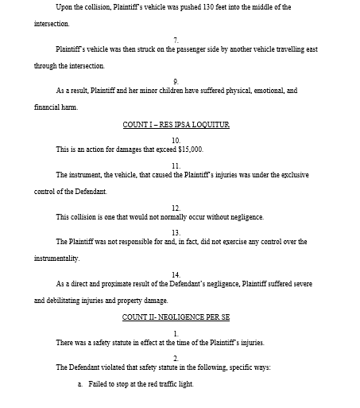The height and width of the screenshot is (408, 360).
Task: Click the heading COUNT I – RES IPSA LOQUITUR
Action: (176, 125)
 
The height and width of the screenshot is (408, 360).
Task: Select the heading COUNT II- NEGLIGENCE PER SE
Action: (176, 317)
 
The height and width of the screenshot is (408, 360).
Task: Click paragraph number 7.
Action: (176, 38)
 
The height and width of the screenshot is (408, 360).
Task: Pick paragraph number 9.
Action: (176, 80)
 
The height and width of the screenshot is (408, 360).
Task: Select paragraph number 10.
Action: (176, 139)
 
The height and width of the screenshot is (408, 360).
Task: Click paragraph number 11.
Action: (176, 165)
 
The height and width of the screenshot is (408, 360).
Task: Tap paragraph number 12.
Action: (176, 208)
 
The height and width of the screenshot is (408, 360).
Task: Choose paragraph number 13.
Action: (176, 232)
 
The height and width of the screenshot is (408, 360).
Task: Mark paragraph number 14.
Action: (176, 274)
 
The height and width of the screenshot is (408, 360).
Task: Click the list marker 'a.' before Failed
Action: (80, 384)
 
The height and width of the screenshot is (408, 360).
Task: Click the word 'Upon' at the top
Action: (64, 7)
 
